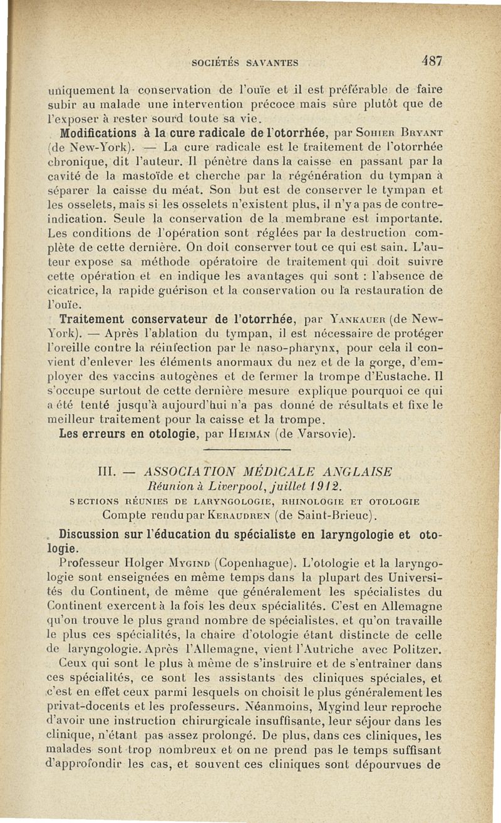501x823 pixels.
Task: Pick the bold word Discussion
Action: [94, 534]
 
